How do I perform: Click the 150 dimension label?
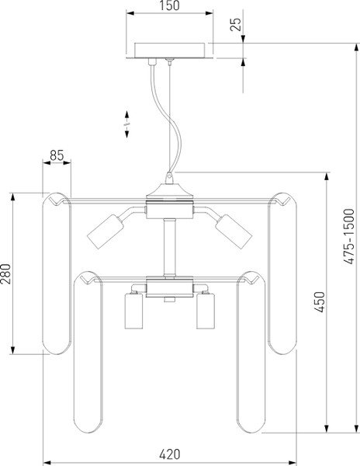coord(169,5)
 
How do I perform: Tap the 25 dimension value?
coord(236,24)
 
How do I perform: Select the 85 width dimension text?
coord(57,155)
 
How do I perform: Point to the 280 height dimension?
coord(5,273)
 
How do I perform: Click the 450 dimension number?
coord(320,302)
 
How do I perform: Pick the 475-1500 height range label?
coord(349,236)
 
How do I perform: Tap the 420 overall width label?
coord(170,454)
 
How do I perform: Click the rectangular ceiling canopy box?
coord(169,50)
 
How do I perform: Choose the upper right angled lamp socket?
coord(234,231)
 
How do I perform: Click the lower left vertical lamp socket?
coord(133,311)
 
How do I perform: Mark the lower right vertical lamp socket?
coord(206,311)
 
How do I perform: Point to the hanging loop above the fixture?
coord(169,178)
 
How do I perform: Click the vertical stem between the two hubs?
coord(169,247)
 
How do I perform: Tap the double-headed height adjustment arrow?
coord(126,124)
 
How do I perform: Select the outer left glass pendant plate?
coord(57,273)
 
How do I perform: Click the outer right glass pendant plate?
coord(282,273)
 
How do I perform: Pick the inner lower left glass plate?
coord(88,352)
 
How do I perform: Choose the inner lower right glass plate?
coord(251,352)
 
